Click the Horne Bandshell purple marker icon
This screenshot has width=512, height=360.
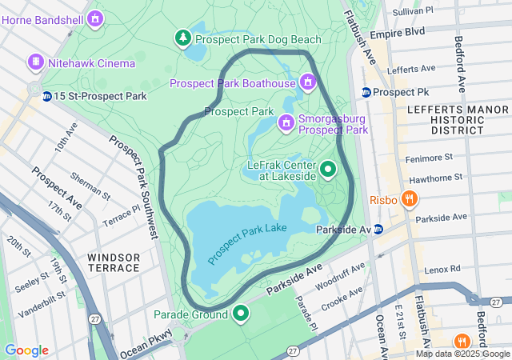[x=96, y=17]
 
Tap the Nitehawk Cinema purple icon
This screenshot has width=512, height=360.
[x=35, y=62]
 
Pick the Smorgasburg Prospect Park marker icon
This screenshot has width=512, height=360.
[x=286, y=122]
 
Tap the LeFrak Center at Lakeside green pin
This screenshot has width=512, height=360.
[x=328, y=170]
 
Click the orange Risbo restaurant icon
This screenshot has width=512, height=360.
[x=410, y=199]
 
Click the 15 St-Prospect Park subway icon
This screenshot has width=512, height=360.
[x=47, y=97]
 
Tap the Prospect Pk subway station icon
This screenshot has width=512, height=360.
[x=366, y=92]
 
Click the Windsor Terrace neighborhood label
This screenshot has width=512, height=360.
[x=114, y=263]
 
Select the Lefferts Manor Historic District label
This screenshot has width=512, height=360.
[x=445, y=118]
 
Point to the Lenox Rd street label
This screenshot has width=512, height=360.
[x=443, y=269]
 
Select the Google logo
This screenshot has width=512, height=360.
[x=26, y=350]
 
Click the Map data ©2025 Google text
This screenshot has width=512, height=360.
[x=462, y=354]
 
